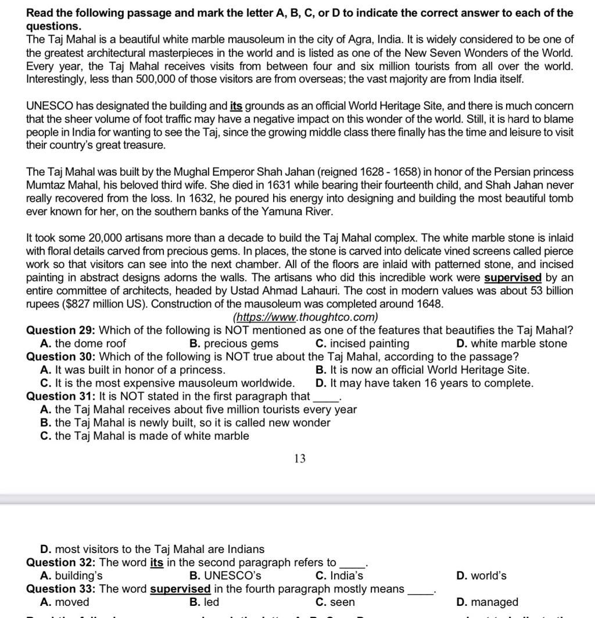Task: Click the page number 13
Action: click(x=299, y=459)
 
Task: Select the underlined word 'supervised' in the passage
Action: click(x=512, y=278)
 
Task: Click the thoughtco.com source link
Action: click(x=306, y=317)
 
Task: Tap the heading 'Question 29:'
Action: click(x=61, y=331)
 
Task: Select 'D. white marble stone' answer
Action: click(x=511, y=344)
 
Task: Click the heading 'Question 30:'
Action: click(x=61, y=357)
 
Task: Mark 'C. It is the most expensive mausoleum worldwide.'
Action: click(x=167, y=383)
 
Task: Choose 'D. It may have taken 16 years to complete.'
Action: click(x=424, y=383)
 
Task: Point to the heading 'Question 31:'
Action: click(x=61, y=396)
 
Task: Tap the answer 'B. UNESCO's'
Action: click(x=225, y=576)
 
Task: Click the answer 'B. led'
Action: click(x=205, y=602)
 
